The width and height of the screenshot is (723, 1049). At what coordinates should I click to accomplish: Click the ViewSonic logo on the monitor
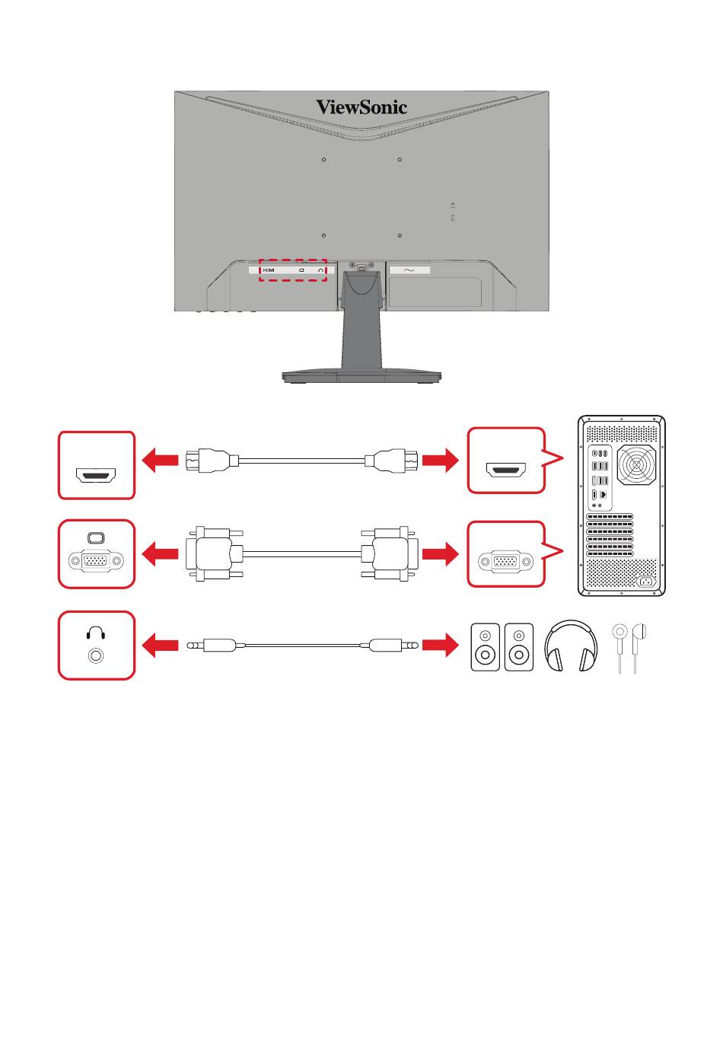(x=361, y=107)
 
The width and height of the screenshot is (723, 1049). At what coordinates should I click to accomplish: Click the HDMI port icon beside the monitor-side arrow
(x=96, y=475)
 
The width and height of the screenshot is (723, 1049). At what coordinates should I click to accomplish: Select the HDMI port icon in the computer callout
(x=506, y=470)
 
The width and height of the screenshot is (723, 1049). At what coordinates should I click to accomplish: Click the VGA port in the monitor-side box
(x=96, y=560)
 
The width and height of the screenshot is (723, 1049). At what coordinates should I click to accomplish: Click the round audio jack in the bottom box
(x=96, y=655)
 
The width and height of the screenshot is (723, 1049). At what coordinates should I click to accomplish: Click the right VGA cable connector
(x=389, y=554)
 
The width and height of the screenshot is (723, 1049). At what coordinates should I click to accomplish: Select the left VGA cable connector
(x=215, y=554)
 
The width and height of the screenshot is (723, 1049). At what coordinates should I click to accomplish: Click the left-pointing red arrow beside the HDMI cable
(x=160, y=460)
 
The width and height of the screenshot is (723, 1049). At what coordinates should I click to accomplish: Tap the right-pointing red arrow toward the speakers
(x=440, y=645)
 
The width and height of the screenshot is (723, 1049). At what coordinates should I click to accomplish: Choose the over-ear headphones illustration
(x=570, y=646)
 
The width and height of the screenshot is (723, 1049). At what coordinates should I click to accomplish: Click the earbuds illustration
(x=629, y=648)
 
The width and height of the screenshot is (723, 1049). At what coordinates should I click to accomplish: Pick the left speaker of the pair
(x=485, y=647)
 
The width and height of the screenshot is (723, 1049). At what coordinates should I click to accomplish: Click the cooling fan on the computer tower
(x=636, y=465)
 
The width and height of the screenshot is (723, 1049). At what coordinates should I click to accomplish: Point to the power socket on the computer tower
(x=647, y=582)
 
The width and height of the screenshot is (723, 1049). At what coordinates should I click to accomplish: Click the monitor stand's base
(x=361, y=376)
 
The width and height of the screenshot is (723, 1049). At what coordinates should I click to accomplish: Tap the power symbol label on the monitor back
(x=409, y=270)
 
